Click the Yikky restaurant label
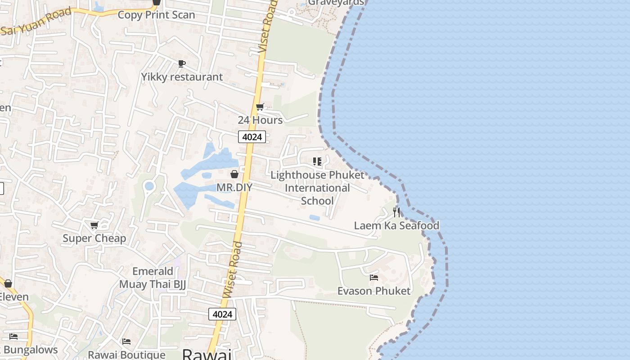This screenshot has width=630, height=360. point(182,77)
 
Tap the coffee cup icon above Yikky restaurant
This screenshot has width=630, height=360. point(182,64)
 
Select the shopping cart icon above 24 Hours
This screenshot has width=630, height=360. point(260,107)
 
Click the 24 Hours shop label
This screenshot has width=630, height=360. point(260,120)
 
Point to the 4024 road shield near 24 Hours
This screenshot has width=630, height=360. point(252,137)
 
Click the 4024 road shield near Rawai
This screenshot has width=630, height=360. point(222,314)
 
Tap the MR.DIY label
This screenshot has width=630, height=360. point(234,187)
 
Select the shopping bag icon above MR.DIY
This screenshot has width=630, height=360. point(234,174)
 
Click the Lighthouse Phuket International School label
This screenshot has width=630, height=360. point(317,188)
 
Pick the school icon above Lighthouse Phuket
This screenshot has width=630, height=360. point(317,161)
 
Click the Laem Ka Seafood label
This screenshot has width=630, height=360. point(396,225)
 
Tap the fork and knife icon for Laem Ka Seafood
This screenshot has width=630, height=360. point(396,212)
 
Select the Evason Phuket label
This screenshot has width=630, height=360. point(374,291)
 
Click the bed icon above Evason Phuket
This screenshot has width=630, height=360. point(374,278)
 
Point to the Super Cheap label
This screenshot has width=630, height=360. point(94,238)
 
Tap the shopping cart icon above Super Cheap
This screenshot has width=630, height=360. point(94,225)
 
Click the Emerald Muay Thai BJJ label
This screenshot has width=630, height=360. point(153,278)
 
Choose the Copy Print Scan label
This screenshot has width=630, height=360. point(156,15)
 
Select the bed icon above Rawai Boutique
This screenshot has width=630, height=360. point(126,342)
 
